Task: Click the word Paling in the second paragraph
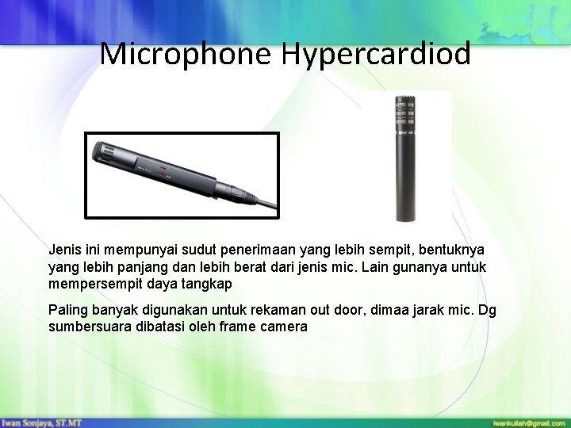tap(68, 310)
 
